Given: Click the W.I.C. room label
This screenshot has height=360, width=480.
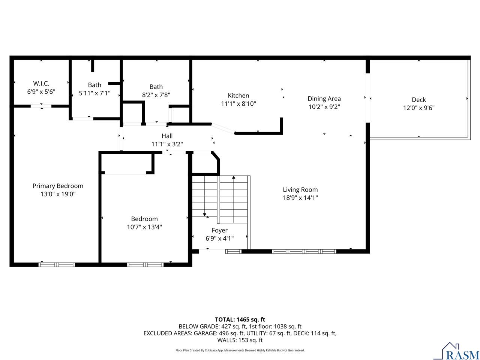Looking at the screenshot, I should (41, 83).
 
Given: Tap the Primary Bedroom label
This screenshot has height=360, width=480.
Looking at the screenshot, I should (58, 186).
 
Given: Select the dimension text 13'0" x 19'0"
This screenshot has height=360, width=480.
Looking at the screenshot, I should (58, 194).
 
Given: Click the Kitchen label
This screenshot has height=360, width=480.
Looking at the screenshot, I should (238, 96).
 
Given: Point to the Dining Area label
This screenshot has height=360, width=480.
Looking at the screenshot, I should (324, 99).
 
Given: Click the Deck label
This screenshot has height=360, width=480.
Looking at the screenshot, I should (418, 100).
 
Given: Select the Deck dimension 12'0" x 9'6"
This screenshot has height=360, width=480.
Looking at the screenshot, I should (418, 108).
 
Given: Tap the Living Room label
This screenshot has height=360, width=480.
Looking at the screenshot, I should (300, 190).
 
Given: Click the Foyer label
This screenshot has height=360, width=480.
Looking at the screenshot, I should (219, 230).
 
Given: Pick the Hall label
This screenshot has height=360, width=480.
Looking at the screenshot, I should (167, 136).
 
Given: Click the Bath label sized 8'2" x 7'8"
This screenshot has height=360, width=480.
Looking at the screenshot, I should (156, 87).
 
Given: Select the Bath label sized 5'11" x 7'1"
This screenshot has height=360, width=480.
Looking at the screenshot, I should (94, 85).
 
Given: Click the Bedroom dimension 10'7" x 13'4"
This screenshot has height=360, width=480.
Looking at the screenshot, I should (144, 227).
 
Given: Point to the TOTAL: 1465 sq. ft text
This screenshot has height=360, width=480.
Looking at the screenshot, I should (240, 319).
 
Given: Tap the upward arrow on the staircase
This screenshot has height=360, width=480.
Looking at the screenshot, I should (234, 178).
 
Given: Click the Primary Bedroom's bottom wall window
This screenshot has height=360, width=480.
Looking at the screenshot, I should (57, 264).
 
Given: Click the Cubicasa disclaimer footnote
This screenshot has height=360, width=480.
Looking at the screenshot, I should (240, 350).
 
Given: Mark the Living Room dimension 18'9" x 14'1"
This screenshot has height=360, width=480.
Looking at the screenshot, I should (300, 198).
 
